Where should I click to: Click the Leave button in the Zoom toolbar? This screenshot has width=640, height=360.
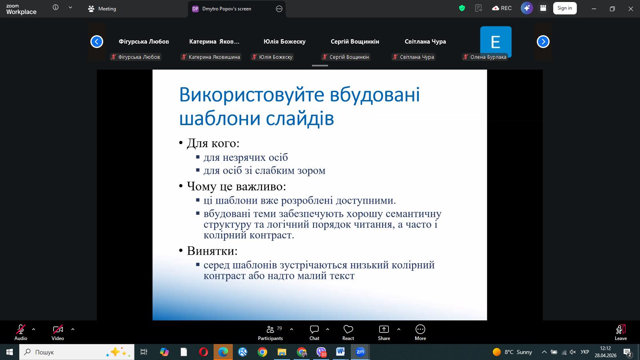tap(620, 333)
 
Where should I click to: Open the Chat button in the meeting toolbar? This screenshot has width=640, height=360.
tap(314, 333)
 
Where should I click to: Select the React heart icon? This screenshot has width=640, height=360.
tap(348, 330)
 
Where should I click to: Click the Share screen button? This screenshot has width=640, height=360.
tap(384, 333)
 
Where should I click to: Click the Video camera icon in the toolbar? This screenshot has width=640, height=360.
tap(58, 330)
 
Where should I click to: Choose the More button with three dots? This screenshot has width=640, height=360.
tap(420, 333)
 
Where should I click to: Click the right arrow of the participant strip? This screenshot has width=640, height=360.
tap(543, 42)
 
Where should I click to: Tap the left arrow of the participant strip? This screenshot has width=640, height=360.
tap(96, 42)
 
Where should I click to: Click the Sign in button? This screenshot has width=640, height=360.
tap(564, 8)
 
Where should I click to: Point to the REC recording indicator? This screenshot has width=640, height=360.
tap(502, 8)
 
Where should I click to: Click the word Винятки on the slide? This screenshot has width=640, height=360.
tap(212, 251)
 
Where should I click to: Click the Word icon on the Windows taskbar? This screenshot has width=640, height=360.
tap(340, 352)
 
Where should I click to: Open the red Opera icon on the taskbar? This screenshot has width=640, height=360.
tap(204, 352)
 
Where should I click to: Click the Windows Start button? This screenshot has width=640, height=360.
tap(10, 352)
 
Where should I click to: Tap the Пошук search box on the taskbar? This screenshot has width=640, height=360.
tap(76, 352)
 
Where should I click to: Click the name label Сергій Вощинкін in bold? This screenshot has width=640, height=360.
tap(355, 42)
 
